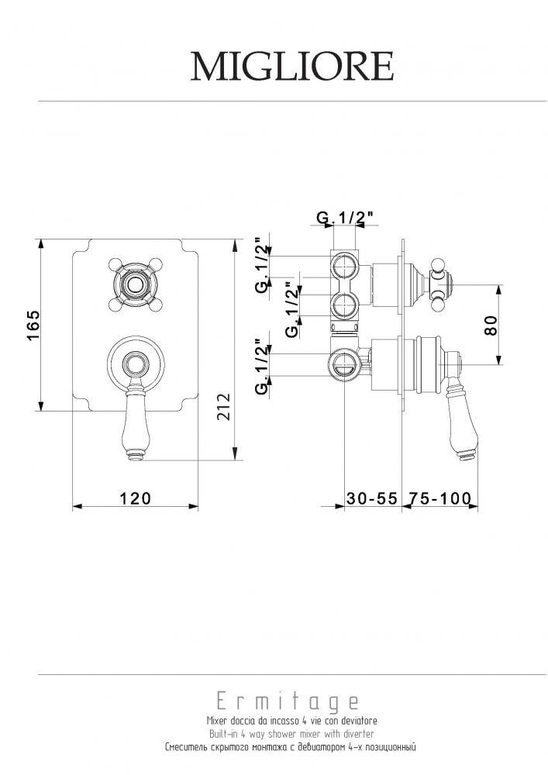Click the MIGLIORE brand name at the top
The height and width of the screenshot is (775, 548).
pos(292,66)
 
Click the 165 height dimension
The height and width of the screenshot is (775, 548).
pos(33,325)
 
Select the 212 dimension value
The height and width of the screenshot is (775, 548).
pos(224,406)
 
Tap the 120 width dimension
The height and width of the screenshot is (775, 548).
pos(135,498)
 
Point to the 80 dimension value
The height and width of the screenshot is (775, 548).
pos(491,325)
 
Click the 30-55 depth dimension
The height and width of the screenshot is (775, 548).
pos(371,498)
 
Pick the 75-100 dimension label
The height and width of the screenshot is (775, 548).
pos(438,498)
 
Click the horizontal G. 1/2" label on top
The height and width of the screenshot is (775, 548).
pos(344,218)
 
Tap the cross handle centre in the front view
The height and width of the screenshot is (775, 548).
pos(133,285)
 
